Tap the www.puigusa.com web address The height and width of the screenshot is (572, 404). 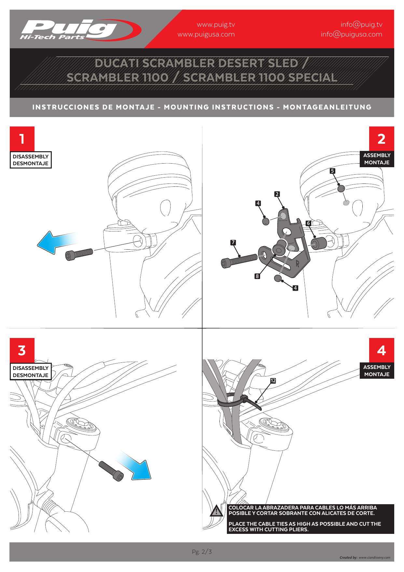pyautogui.click(x=206, y=34)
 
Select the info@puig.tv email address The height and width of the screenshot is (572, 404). pyautogui.click(x=361, y=24)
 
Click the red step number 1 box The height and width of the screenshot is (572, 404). pyautogui.click(x=22, y=139)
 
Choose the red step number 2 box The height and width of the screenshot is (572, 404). pyautogui.click(x=381, y=139)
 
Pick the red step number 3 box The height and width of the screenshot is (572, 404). pyautogui.click(x=22, y=350)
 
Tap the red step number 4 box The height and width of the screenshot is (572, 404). pyautogui.click(x=381, y=350)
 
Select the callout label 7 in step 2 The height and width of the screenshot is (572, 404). pyautogui.click(x=233, y=242)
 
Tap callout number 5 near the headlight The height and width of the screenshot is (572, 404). pyautogui.click(x=332, y=171)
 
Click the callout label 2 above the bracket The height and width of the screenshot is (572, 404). pyautogui.click(x=277, y=194)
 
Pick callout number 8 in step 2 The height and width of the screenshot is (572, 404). pyautogui.click(x=257, y=276)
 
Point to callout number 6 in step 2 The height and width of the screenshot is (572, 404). pyautogui.click(x=308, y=223)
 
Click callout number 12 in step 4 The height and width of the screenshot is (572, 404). pyautogui.click(x=273, y=381)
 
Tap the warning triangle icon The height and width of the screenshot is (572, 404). pyautogui.click(x=216, y=511)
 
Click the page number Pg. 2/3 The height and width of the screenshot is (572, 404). pyautogui.click(x=202, y=552)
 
